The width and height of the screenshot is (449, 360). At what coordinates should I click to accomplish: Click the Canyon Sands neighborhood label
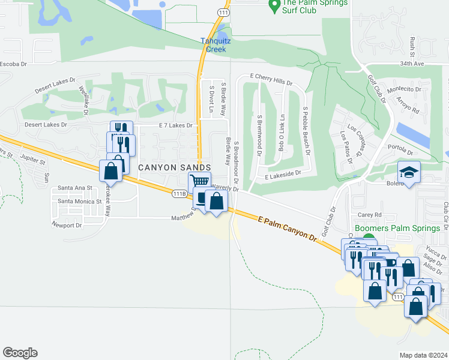pyautogui.click(x=175, y=167)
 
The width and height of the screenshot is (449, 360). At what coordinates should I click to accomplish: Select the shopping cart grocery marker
pyautogui.click(x=200, y=181)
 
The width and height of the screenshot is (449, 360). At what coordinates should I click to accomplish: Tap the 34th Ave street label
pyautogui.click(x=429, y=62)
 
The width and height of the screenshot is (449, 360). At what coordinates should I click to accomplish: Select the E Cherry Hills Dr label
pyautogui.click(x=271, y=80)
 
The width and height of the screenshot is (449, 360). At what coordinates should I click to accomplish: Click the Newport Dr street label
pyautogui.click(x=66, y=225)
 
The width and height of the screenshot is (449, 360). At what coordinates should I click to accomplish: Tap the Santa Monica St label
pyautogui.click(x=78, y=202)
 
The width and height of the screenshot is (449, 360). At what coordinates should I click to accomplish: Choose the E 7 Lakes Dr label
pyautogui.click(x=175, y=125)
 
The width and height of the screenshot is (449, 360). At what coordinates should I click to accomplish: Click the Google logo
pyautogui.click(x=20, y=353)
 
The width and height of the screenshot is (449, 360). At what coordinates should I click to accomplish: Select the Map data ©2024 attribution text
pyautogui.click(x=423, y=355)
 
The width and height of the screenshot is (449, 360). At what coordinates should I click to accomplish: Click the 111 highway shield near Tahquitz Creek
pyautogui.click(x=223, y=12)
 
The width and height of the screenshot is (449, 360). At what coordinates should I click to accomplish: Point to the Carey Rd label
pyautogui.click(x=370, y=215)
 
